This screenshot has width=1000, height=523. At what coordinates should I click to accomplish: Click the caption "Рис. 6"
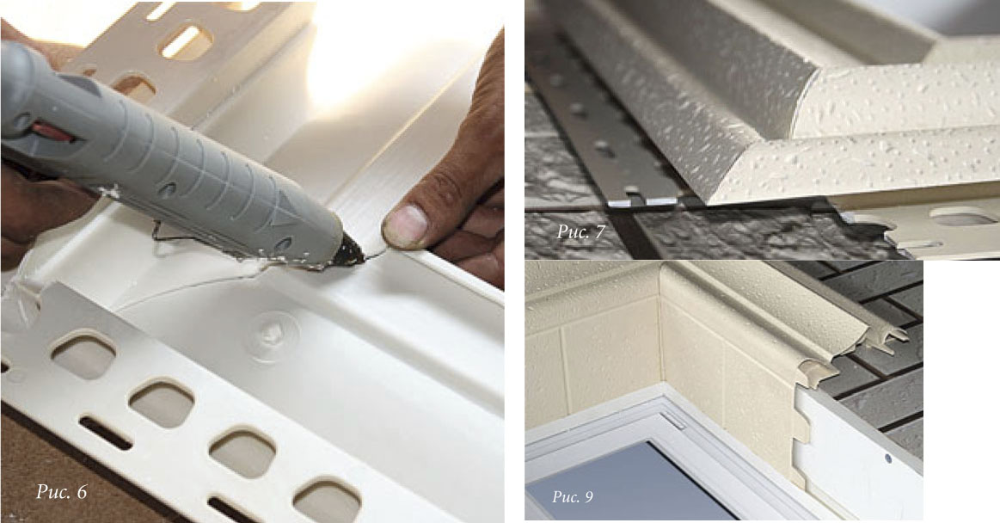point(61,492)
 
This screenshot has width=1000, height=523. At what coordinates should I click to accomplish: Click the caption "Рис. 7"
point(580,231)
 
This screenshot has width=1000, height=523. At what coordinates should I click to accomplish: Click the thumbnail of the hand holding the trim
point(404,225)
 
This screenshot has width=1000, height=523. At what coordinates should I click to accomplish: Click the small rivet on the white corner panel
point(887,458)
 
